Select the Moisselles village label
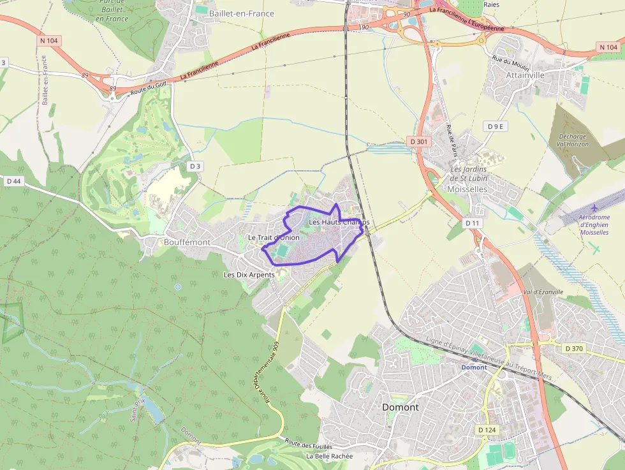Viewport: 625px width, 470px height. [467, 189]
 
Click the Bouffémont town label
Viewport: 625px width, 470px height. [187, 242]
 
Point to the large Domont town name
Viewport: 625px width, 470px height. [400, 407]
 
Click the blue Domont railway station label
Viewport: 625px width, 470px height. [474, 367]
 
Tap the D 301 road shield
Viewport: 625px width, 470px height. [418, 141]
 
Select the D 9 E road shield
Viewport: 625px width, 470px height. [496, 126]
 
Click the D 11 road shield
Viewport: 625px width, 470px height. [472, 223]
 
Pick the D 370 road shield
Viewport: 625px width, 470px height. [574, 348]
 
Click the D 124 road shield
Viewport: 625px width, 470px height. [487, 430]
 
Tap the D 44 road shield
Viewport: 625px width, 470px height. [13, 181]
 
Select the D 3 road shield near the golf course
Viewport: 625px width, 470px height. [195, 166]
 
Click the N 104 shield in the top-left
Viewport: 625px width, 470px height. [49, 40]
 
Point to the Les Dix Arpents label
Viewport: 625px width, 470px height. [249, 275]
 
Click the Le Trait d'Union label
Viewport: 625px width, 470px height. [274, 238]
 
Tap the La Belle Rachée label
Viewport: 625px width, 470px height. [329, 456]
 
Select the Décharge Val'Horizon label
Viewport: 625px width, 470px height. [572, 140]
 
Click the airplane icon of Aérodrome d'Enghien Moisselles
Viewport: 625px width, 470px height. [595, 208]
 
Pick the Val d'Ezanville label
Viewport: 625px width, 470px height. [543, 291]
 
